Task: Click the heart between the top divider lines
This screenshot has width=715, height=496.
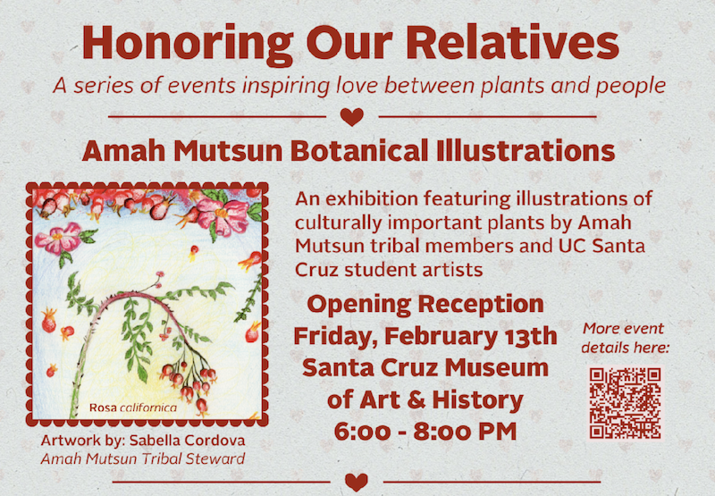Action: pyautogui.click(x=353, y=116)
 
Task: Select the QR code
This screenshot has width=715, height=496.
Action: pyautogui.click(x=626, y=402)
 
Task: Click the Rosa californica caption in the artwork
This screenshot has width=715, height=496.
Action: pyautogui.click(x=131, y=408)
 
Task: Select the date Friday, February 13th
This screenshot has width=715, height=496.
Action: pyautogui.click(x=425, y=336)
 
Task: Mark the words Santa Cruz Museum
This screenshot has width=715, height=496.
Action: pyautogui.click(x=425, y=367)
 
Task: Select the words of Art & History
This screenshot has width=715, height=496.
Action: pyautogui.click(x=425, y=399)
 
